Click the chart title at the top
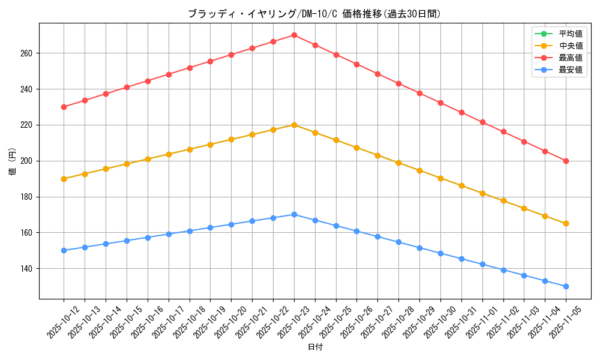(x=314, y=14)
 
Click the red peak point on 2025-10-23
(x=294, y=35)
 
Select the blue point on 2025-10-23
(x=294, y=214)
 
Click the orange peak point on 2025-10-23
(x=294, y=125)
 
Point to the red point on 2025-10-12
(x=64, y=107)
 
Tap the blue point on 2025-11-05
(x=566, y=286)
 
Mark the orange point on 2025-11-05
(x=566, y=223)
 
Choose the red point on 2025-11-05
(x=566, y=161)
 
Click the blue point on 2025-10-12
(x=64, y=250)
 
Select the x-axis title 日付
(x=315, y=347)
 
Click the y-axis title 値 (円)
(x=13, y=161)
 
